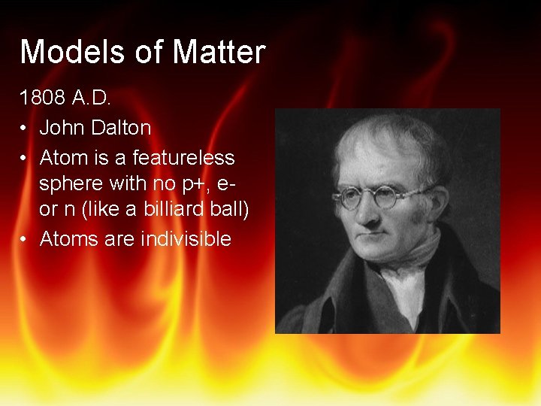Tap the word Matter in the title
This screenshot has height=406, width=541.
click(x=219, y=53)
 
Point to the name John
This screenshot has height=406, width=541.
click(x=62, y=129)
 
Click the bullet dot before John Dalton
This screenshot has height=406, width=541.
click(x=25, y=129)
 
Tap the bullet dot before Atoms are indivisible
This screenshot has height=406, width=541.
click(x=25, y=239)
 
